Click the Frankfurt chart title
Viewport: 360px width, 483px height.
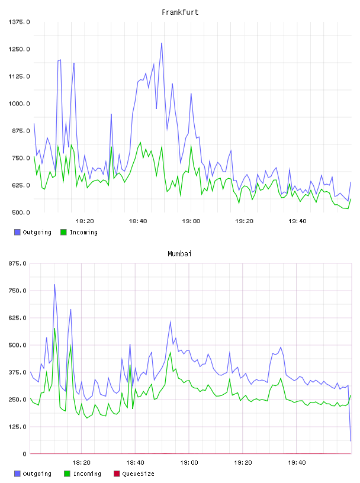pyautogui.click(x=180, y=12)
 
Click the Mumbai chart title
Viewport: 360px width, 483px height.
pyautogui.click(x=179, y=254)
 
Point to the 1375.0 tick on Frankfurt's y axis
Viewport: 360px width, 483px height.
pyautogui.click(x=19, y=22)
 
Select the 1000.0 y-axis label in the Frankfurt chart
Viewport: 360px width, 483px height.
pyautogui.click(x=19, y=104)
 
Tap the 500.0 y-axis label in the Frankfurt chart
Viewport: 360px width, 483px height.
pyautogui.click(x=21, y=212)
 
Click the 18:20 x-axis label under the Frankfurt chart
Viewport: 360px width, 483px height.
pyautogui.click(x=85, y=221)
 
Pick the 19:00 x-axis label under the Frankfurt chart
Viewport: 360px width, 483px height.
pyautogui.click(x=191, y=221)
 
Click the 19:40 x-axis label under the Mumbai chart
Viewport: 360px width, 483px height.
pyautogui.click(x=297, y=463)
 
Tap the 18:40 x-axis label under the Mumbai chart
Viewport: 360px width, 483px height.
pyautogui.click(x=135, y=463)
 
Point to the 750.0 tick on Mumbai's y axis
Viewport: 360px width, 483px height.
pyautogui.click(x=18, y=291)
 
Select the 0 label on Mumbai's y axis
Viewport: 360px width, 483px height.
pyautogui.click(x=25, y=454)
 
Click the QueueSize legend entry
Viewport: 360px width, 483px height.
pyautogui.click(x=134, y=474)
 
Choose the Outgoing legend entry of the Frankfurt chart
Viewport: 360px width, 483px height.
pyautogui.click(x=33, y=232)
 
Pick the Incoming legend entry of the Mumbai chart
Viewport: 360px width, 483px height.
pyautogui.click(x=83, y=474)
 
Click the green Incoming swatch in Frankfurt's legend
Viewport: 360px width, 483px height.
pyautogui.click(x=63, y=232)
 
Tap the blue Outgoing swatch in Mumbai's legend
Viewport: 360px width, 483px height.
pyautogui.click(x=17, y=474)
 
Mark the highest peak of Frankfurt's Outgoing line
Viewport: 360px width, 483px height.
pyautogui.click(x=162, y=43)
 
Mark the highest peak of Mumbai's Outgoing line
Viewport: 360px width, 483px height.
pyautogui.click(x=54, y=284)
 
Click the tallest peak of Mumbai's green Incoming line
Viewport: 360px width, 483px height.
pyautogui.click(x=54, y=328)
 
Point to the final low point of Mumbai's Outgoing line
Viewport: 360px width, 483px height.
pyautogui.click(x=351, y=441)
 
